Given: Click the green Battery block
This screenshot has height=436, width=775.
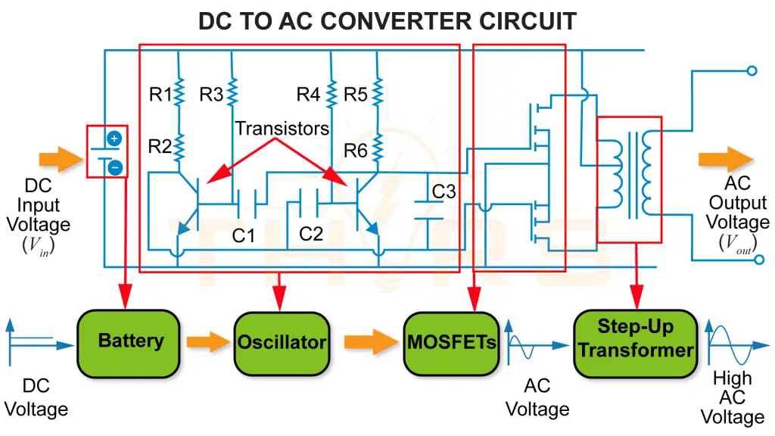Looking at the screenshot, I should tap(130, 341).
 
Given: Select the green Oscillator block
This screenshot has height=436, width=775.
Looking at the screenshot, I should tap(282, 342).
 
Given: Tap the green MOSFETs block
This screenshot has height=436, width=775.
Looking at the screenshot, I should tap(452, 342).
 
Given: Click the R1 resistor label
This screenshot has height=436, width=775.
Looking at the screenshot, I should tap(160, 95).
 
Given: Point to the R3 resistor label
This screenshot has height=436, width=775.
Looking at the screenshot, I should tap(211, 95).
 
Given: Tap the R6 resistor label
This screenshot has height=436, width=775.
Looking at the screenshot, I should tap(356, 151).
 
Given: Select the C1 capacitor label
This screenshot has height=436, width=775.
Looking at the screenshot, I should tap(244, 236).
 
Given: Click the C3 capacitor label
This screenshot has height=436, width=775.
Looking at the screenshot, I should tap(444, 192).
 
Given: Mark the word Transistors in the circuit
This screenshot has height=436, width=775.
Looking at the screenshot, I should tap(282, 129).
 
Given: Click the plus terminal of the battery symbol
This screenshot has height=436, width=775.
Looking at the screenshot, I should tap(114, 139).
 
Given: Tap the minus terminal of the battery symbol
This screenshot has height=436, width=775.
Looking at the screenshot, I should tap(114, 167).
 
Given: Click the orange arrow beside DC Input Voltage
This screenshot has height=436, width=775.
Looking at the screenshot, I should tap(61, 159).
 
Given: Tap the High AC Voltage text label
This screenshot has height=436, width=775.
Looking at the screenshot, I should tap(732, 397).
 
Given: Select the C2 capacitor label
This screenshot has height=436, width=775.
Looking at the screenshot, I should tap(311, 235).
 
